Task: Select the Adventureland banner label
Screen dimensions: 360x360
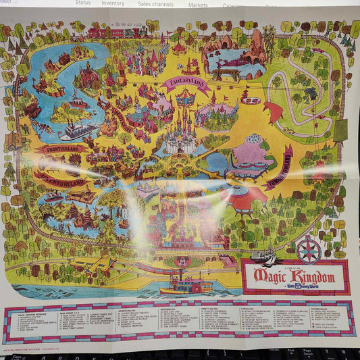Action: pyautogui.click(x=61, y=178)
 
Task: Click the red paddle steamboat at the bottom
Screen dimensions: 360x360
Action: pyautogui.click(x=186, y=282)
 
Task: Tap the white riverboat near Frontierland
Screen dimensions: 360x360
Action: pyautogui.click(x=78, y=130)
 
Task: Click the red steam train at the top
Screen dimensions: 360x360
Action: pyautogui.click(x=111, y=32)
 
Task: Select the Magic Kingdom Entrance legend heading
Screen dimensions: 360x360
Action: pyautogui.click(x=31, y=312)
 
